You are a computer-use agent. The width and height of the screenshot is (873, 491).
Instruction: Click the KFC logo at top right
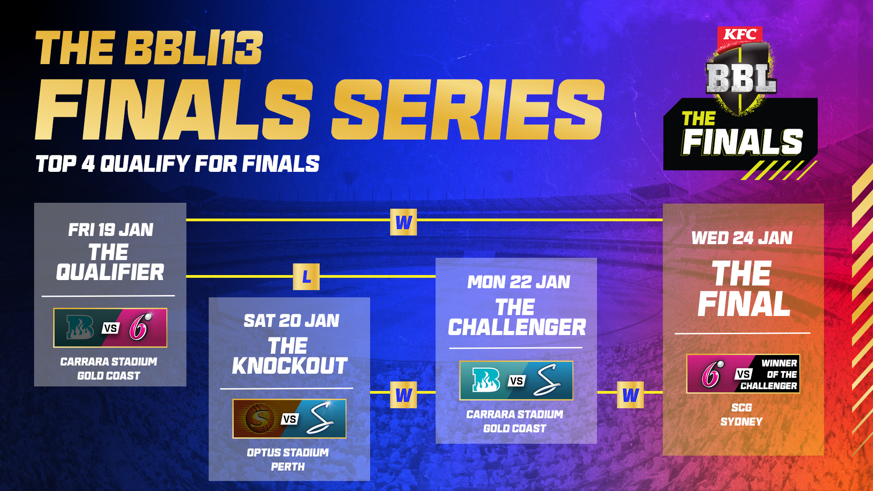click(x=740, y=35)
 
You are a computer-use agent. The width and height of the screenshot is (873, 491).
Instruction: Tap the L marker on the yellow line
click(x=306, y=276)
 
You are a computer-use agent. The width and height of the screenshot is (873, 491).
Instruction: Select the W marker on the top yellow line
click(x=403, y=222)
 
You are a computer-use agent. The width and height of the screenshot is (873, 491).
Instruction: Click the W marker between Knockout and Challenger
click(x=403, y=395)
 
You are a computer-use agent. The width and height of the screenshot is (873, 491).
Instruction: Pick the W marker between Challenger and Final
click(x=630, y=395)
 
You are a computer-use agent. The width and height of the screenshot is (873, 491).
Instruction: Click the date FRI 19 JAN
click(x=110, y=230)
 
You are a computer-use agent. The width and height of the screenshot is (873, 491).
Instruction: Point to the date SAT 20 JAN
click(x=291, y=321)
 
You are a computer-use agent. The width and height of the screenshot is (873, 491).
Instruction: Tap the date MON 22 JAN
click(x=518, y=282)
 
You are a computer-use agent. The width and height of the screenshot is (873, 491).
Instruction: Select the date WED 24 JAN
click(x=742, y=238)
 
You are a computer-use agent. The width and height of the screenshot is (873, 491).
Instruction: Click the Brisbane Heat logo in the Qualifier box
click(x=80, y=327)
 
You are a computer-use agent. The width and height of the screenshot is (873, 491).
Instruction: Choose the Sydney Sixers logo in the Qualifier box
click(x=140, y=327)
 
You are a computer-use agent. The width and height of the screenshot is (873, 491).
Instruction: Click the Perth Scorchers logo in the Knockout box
click(x=260, y=418)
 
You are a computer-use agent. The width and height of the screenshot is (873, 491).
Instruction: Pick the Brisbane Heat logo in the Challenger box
click(x=486, y=380)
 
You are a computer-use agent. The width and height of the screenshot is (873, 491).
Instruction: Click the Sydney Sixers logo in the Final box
click(x=712, y=374)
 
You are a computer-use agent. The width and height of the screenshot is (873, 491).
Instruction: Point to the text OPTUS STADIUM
click(x=288, y=453)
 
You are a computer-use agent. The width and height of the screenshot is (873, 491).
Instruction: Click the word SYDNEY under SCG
click(x=742, y=422)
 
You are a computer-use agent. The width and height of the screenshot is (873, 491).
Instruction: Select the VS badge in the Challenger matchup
click(x=516, y=381)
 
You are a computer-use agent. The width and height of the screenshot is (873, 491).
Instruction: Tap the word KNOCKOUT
click(x=290, y=366)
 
